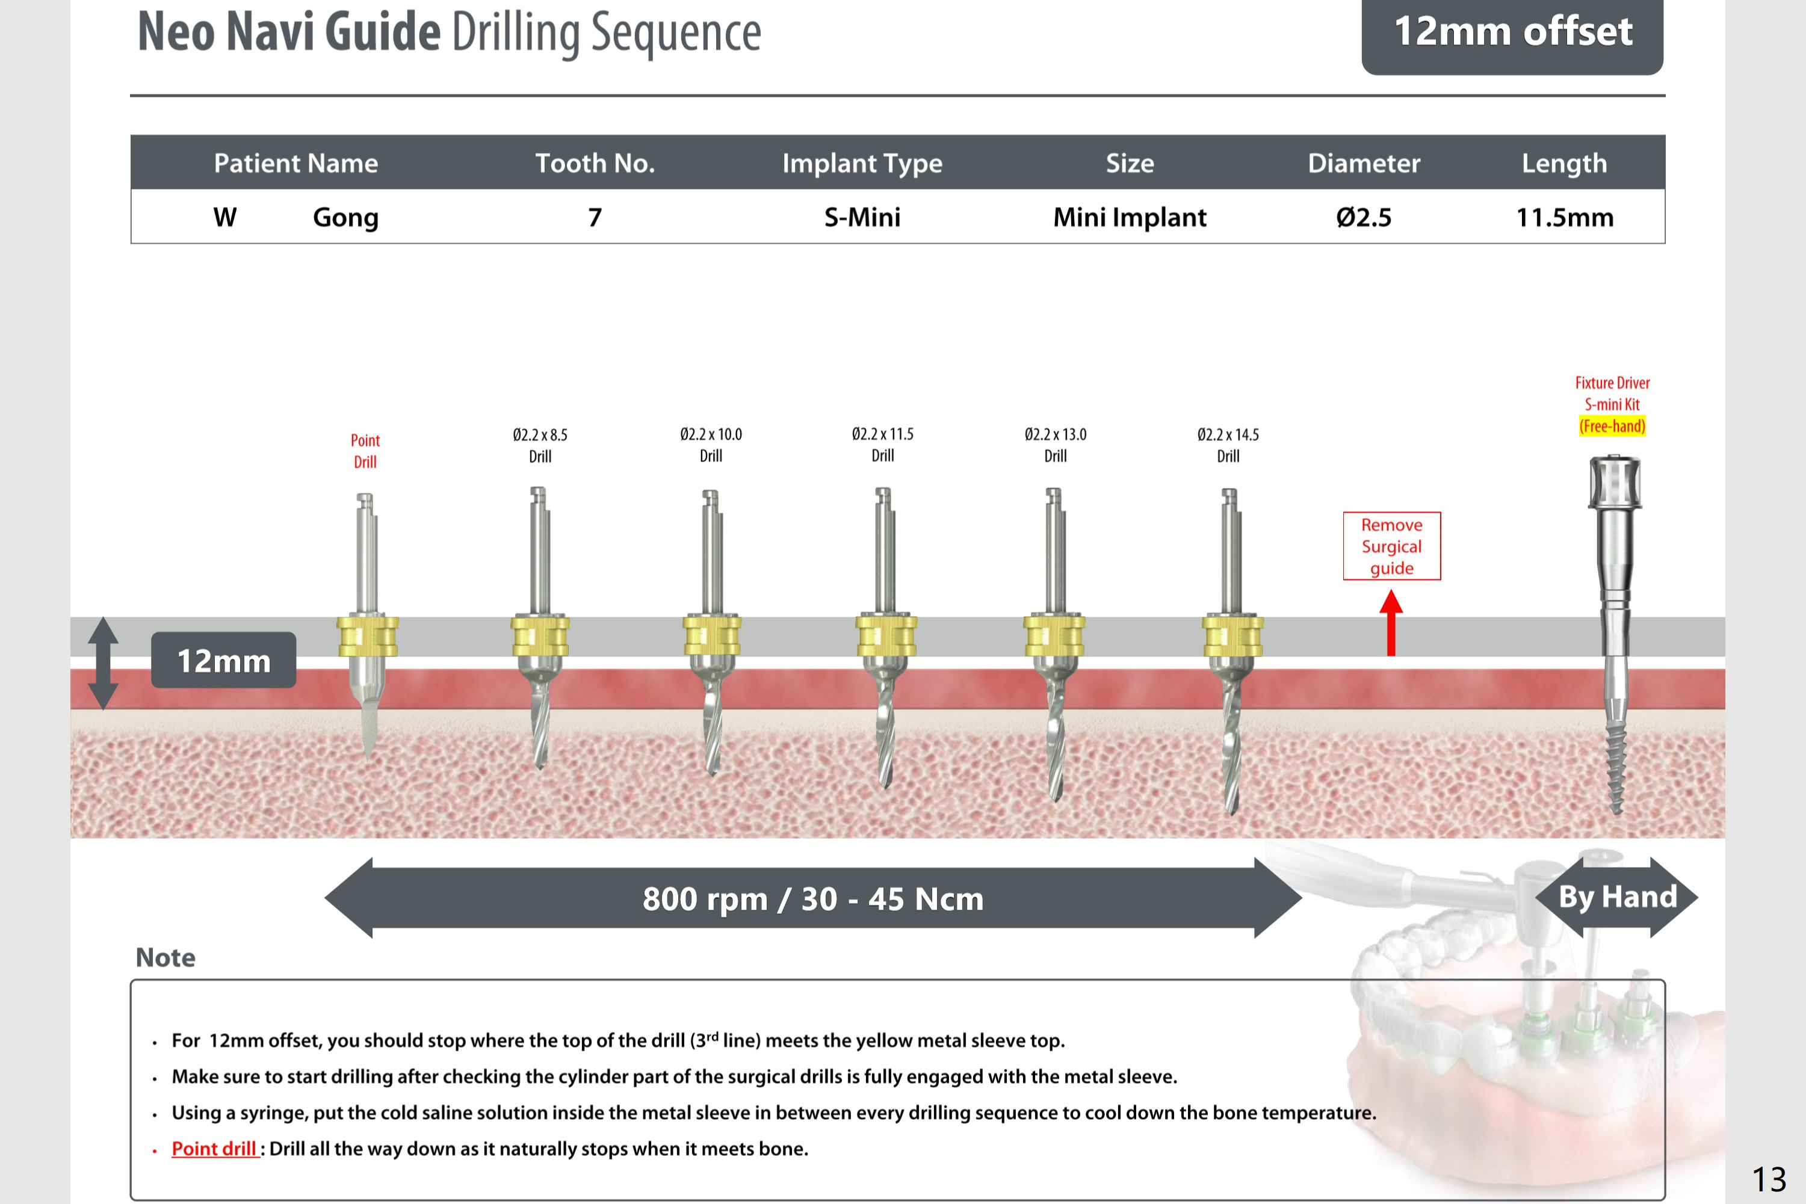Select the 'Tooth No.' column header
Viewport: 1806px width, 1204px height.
click(595, 163)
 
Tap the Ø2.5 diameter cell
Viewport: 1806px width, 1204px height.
click(1363, 217)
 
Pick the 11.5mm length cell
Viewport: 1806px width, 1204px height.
click(1564, 217)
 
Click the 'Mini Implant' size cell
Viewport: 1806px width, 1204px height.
click(1129, 217)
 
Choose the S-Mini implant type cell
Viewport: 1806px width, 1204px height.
click(862, 217)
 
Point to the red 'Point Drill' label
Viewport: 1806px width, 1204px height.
click(365, 451)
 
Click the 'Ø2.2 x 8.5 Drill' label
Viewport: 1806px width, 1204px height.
click(540, 445)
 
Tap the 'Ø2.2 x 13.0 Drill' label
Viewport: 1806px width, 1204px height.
click(1055, 445)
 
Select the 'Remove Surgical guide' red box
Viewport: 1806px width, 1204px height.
click(1391, 546)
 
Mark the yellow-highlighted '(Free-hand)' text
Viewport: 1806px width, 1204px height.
click(1612, 426)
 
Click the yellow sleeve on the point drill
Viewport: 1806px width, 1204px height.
click(367, 636)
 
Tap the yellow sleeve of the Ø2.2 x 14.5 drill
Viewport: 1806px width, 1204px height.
click(1232, 636)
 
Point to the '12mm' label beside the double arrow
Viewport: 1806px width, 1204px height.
click(223, 660)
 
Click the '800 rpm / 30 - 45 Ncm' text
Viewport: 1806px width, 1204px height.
click(812, 898)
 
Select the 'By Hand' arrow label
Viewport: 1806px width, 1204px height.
click(1616, 897)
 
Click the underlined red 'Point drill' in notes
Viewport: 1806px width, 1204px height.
click(214, 1149)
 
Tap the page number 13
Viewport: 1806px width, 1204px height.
click(1768, 1178)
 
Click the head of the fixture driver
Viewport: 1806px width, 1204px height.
click(1614, 481)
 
